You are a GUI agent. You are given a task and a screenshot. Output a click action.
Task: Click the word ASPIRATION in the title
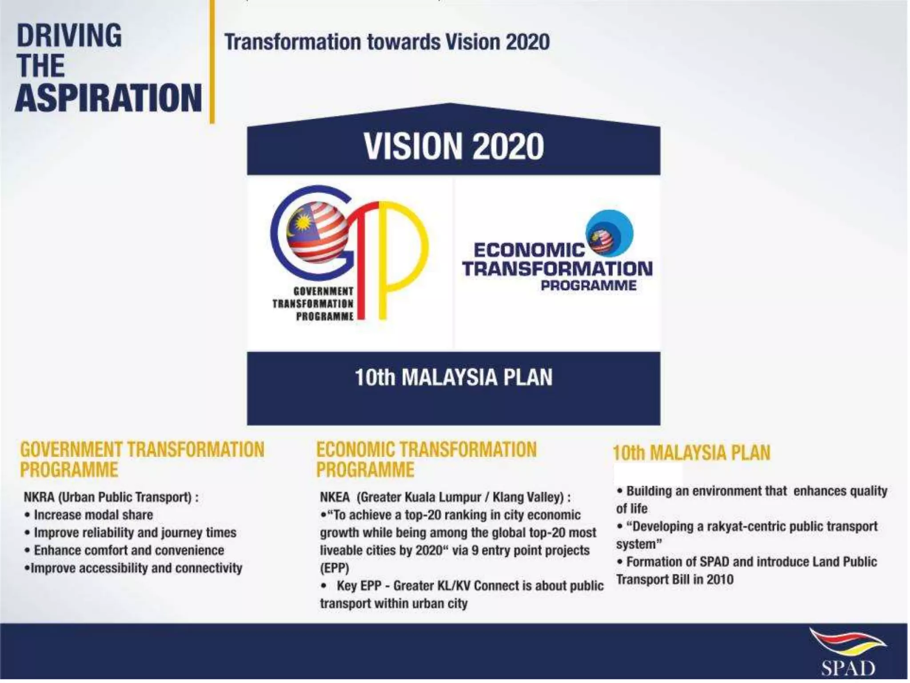pos(108,98)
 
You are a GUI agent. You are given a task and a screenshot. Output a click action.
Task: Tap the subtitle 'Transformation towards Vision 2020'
pos(387,42)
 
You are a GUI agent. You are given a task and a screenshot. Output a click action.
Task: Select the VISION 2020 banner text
pos(454,146)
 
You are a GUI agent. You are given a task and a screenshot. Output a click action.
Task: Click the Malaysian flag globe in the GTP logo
pos(317,232)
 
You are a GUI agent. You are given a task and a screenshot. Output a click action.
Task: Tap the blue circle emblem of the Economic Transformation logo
pos(610,233)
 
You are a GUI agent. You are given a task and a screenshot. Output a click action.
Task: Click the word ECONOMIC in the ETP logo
pos(529,250)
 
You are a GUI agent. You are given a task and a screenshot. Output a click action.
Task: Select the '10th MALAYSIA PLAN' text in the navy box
pos(454,378)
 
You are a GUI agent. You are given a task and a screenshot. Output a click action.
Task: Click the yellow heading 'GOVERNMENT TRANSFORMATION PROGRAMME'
pos(142,459)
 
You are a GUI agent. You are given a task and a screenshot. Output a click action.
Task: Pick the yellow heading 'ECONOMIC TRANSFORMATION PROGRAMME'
pos(426,459)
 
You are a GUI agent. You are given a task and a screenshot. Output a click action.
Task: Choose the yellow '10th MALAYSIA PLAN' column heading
pos(691,453)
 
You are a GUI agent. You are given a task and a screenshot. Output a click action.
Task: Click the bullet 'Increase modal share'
pos(93,515)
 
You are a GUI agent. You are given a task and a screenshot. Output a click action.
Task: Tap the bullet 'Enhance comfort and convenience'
pos(129,550)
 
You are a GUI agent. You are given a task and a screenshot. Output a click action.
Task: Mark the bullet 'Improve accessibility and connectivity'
pos(136,568)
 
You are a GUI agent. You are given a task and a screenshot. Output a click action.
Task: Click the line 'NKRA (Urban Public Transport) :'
pos(111,497)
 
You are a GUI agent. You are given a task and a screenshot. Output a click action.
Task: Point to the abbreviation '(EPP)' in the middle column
pos(335,568)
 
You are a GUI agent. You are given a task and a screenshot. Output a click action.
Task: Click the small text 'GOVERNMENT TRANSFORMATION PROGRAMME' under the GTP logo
pos(313,304)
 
